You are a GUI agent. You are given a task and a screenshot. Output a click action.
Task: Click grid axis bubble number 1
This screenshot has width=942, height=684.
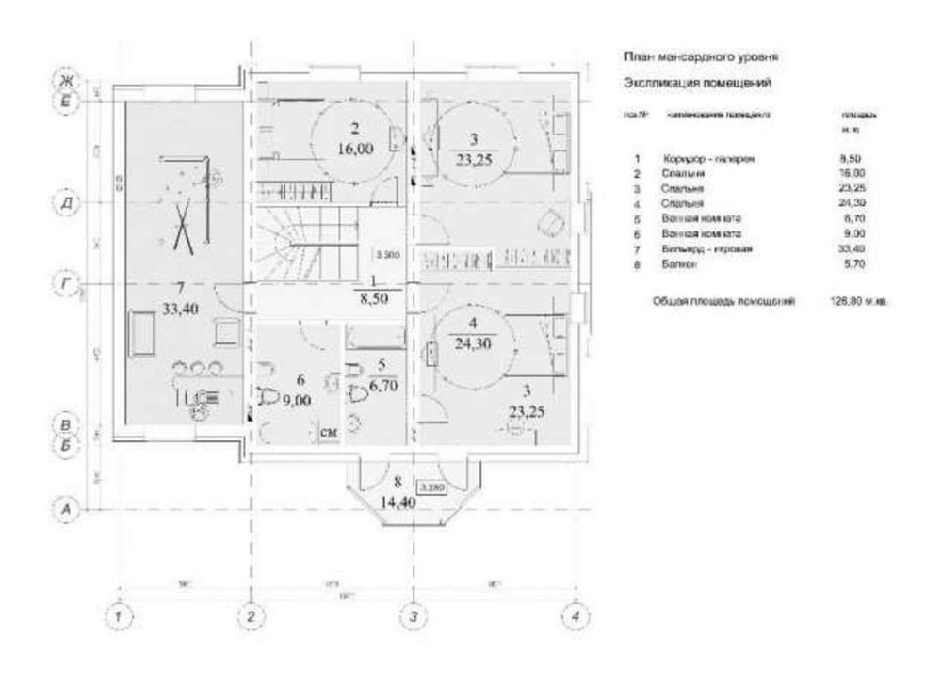119,617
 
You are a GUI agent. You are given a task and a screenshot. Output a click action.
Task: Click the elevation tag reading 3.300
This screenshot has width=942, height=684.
387,254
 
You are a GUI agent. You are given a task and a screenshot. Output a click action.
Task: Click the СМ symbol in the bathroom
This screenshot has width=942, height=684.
329,432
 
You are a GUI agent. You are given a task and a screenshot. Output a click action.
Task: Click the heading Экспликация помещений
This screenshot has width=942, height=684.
698,83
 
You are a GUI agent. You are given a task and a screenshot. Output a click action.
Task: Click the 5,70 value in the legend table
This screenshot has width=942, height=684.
852,267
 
